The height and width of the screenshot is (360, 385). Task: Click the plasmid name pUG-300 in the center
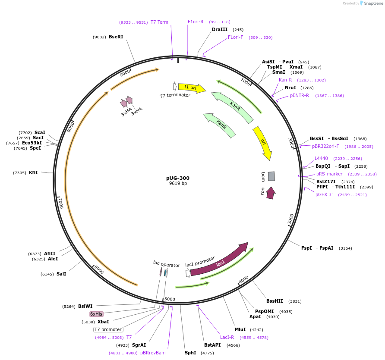(178, 178)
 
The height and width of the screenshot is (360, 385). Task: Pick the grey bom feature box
(271, 176)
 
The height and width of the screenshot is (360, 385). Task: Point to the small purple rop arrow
(271, 193)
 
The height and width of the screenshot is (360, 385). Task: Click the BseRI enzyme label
(116, 37)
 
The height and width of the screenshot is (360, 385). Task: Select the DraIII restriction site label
(219, 29)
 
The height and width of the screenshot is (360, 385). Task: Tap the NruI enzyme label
(290, 88)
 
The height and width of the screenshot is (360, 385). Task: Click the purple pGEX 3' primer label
(324, 194)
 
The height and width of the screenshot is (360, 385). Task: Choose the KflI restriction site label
(33, 172)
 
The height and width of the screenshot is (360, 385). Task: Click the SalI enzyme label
(61, 274)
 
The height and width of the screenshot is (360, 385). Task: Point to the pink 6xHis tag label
(96, 314)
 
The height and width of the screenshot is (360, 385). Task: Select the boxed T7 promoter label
(108, 329)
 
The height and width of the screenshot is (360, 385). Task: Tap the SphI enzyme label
(190, 353)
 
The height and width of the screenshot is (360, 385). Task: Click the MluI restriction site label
(240, 329)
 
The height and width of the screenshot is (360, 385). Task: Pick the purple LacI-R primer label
(227, 338)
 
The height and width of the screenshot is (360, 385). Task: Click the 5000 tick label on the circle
(170, 299)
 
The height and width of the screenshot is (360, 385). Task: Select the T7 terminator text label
(175, 95)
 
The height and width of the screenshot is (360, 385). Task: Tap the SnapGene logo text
(372, 3)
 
